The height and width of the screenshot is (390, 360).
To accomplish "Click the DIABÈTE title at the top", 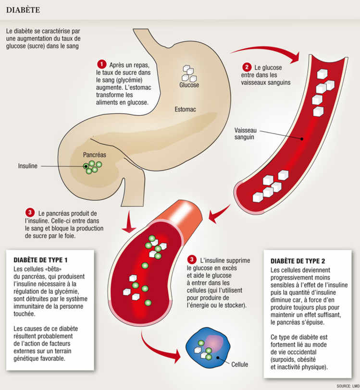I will [x=23, y=10].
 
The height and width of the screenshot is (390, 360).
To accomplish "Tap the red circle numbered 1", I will [x=101, y=64].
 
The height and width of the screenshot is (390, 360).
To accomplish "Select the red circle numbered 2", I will [x=247, y=67].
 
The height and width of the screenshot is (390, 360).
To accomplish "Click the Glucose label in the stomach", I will [x=189, y=85].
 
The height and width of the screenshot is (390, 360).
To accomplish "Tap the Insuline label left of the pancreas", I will [x=27, y=166].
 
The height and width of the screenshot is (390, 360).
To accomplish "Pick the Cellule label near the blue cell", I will [x=239, y=365].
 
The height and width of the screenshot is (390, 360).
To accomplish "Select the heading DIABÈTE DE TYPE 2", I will [x=298, y=261].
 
